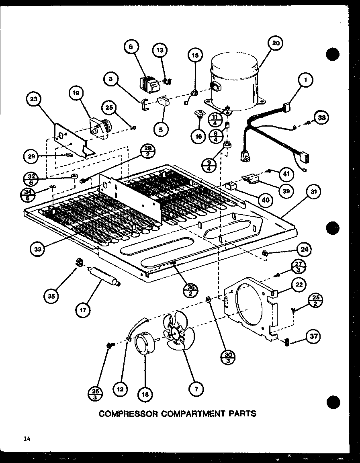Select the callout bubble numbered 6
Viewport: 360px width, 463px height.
131,47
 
